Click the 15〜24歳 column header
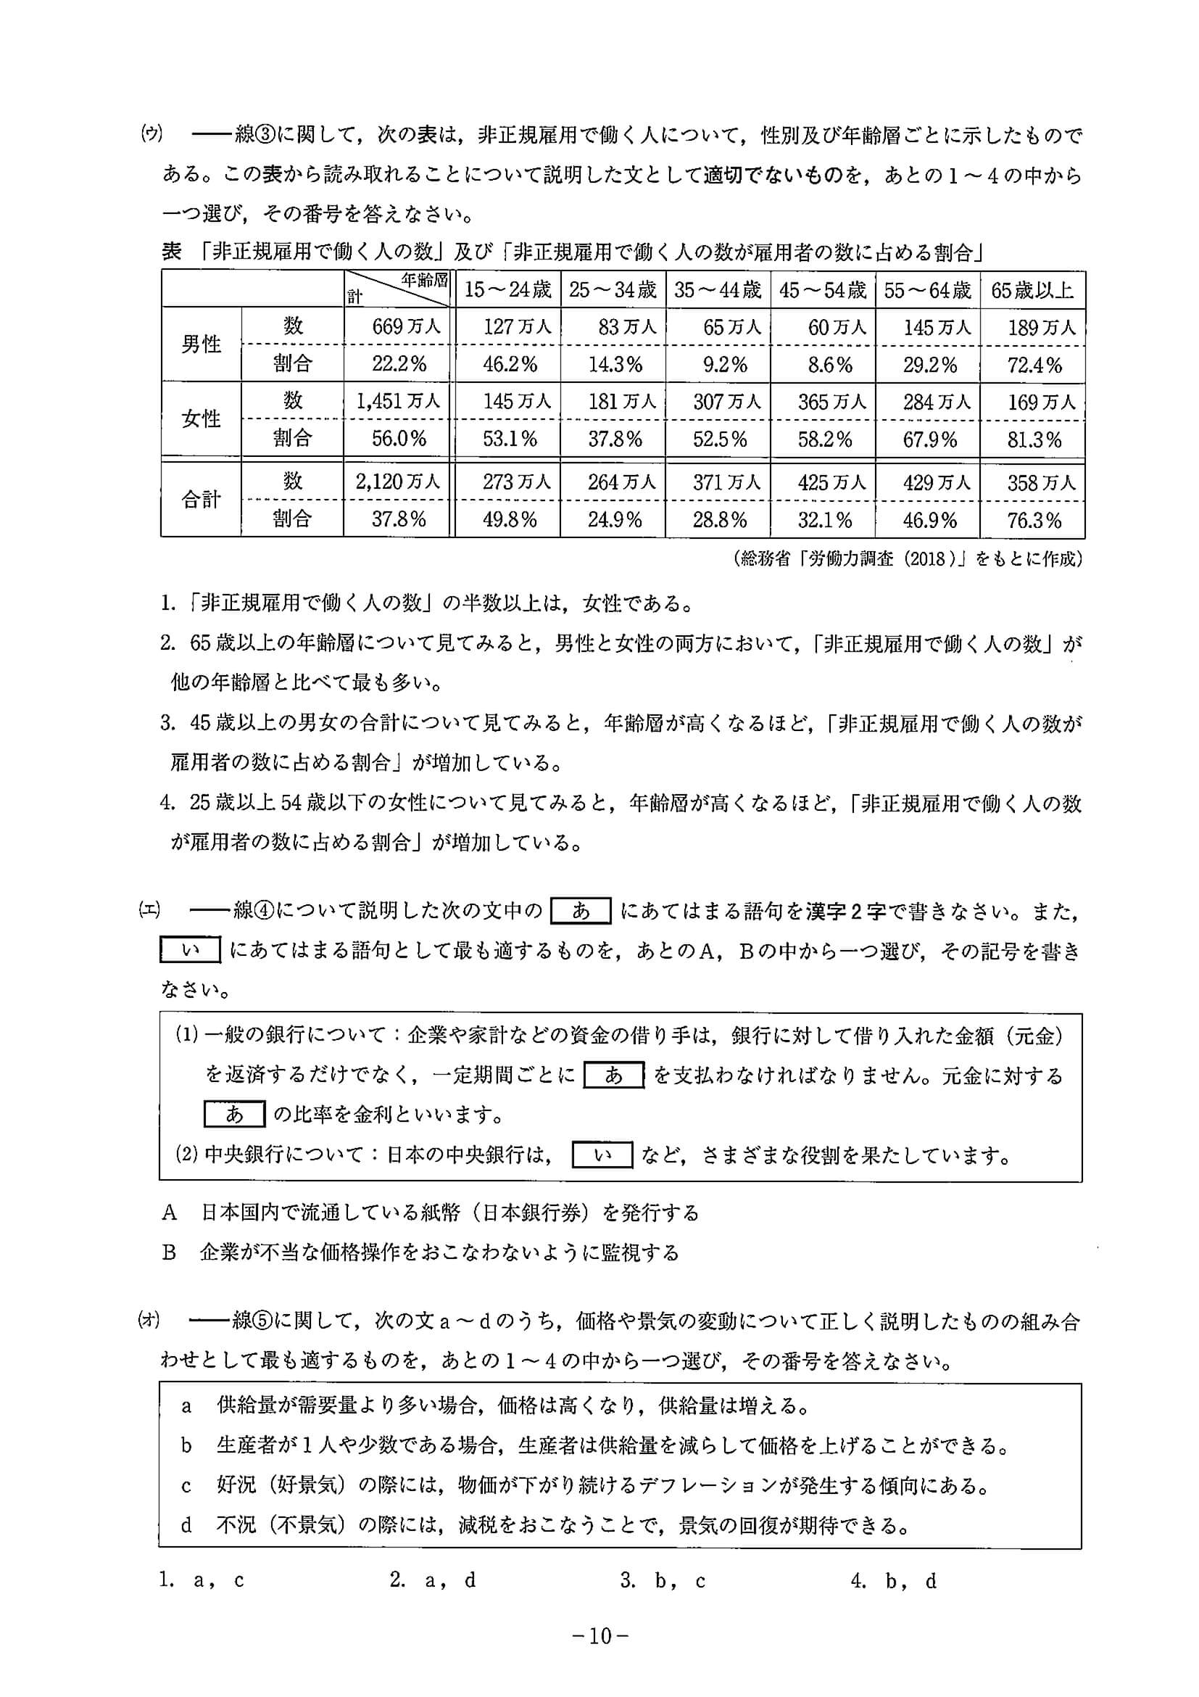[507, 290]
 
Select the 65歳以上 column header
[1032, 290]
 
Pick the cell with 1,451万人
[397, 401]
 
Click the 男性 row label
[201, 345]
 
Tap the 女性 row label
[201, 420]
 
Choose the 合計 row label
[201, 500]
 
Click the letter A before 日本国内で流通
[169, 1213]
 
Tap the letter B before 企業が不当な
[169, 1252]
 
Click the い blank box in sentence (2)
[602, 1155]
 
